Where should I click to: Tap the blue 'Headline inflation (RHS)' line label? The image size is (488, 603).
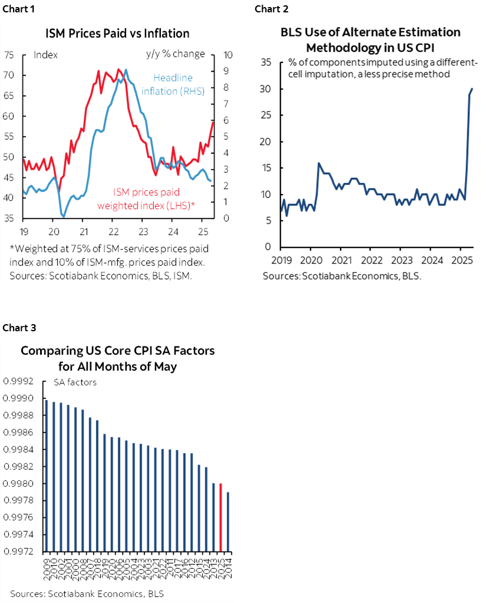pyautogui.click(x=173, y=84)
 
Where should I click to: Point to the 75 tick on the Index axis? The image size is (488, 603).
pyautogui.click(x=9, y=55)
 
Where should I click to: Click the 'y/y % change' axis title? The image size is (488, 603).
pyautogui.click(x=176, y=54)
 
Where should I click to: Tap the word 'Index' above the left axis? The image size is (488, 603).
pyautogui.click(x=45, y=54)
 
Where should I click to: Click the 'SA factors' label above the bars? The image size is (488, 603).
pyautogui.click(x=75, y=382)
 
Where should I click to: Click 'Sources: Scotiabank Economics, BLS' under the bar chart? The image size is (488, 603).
pyautogui.click(x=87, y=592)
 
